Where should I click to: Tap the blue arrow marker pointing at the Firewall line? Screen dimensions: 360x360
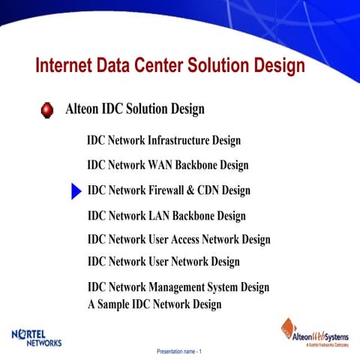pos(75,191)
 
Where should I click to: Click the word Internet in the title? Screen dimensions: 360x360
pos(64,66)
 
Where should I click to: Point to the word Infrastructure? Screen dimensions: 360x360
pos(179,140)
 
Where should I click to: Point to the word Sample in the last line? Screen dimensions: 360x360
pos(113,304)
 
